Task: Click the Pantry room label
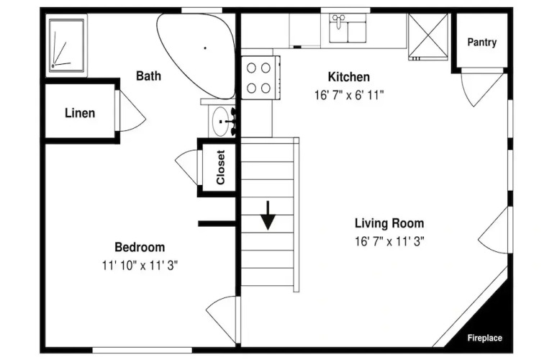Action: point(481,42)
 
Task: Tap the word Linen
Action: point(80,113)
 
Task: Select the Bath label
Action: point(148,76)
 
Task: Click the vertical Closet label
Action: point(221,167)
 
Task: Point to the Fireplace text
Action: point(484,338)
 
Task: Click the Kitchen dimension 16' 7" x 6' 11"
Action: point(349,95)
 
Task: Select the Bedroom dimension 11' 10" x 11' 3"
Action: point(140,266)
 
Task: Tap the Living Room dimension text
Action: point(389,242)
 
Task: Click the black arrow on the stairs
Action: point(268,215)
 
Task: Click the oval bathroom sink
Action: point(221,121)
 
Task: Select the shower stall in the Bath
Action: point(66,45)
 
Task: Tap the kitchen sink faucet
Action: point(338,22)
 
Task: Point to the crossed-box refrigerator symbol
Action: point(427,37)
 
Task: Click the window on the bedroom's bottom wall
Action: point(142,350)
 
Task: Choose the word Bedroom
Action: point(140,247)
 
